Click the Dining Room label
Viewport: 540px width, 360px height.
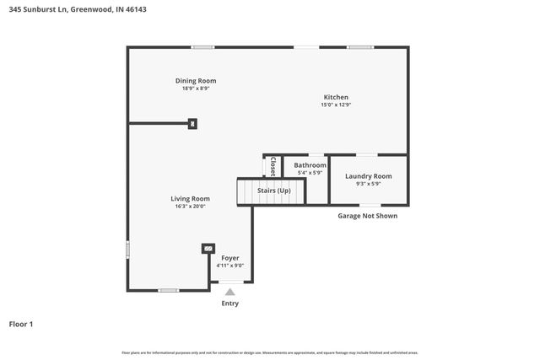(196, 81)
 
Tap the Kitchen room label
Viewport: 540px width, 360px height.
(335, 98)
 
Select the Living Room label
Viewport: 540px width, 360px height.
(190, 199)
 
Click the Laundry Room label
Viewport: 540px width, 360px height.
(369, 176)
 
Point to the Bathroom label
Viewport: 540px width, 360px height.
(310, 165)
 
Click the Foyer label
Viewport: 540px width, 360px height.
(230, 258)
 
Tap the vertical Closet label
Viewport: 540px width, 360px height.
(273, 167)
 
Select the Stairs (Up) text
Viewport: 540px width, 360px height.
(274, 191)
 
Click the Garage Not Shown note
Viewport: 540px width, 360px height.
(367, 216)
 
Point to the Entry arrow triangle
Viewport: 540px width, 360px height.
(229, 292)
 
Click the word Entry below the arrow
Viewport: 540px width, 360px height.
(229, 304)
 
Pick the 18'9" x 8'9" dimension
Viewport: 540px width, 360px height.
(196, 89)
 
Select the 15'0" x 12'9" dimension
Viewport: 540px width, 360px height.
(335, 105)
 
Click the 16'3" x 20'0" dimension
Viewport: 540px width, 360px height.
(190, 207)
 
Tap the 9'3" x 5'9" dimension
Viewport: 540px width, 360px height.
(369, 184)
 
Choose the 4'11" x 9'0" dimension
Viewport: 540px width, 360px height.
(230, 266)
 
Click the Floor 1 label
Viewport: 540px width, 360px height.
(21, 324)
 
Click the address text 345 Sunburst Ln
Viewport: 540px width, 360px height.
(39, 10)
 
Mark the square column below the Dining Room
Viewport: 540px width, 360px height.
(193, 124)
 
